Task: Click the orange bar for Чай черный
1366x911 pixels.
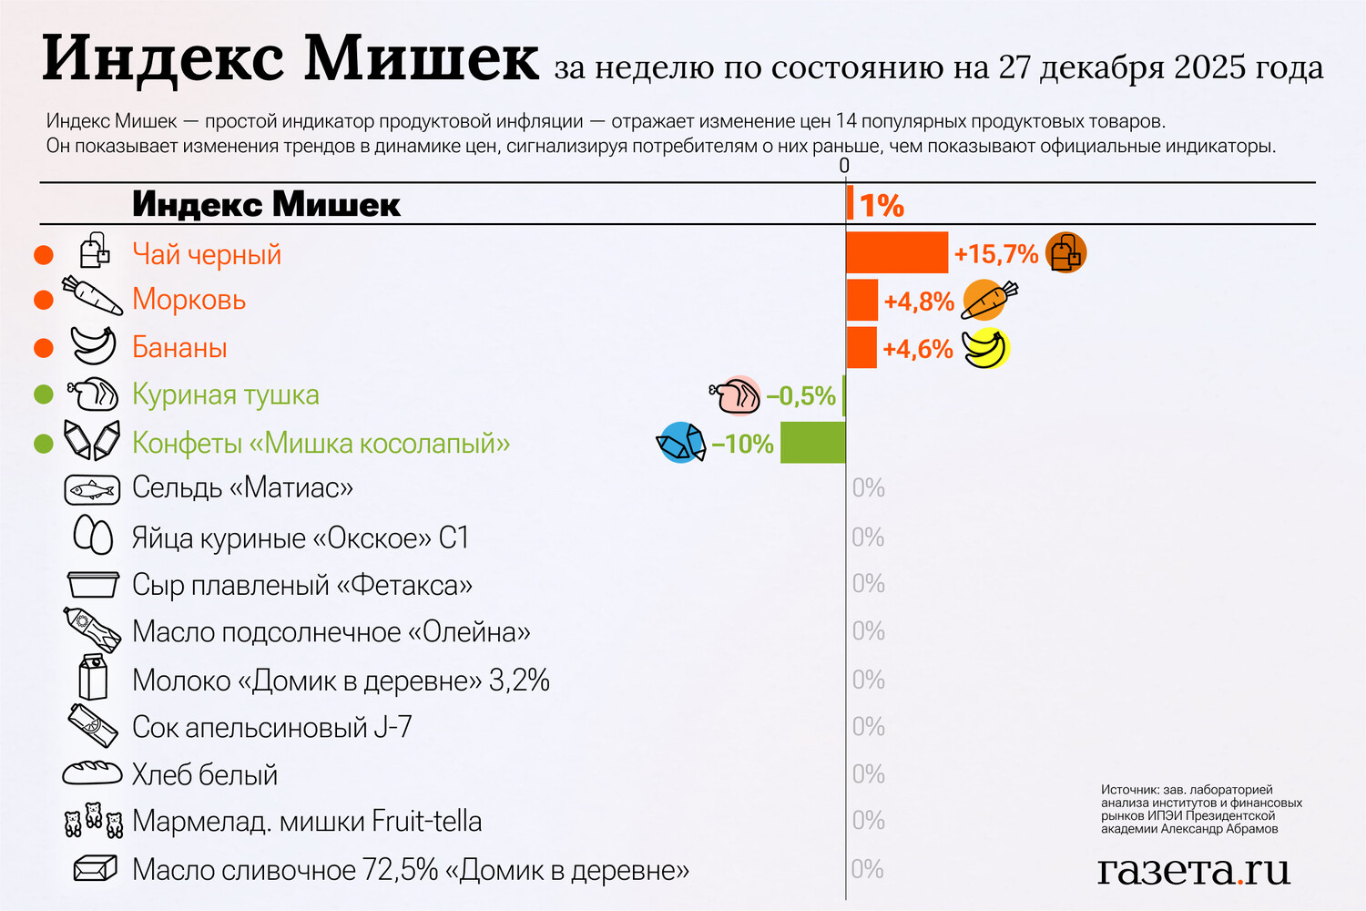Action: click(x=897, y=252)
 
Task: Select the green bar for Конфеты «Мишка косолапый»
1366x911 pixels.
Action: click(x=813, y=443)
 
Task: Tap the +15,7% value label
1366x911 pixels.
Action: click(x=995, y=254)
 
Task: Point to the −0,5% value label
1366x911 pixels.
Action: click(x=800, y=396)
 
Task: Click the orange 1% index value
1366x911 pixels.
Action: click(x=881, y=206)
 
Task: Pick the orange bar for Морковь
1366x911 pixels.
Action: click(x=861, y=300)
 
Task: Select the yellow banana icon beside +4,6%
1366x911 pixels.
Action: click(x=986, y=349)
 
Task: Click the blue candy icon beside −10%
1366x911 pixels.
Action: click(x=680, y=443)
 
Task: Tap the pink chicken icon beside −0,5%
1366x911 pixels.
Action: click(x=735, y=396)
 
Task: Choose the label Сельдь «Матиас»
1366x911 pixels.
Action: click(x=242, y=488)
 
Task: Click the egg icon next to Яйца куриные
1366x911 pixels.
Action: click(x=93, y=536)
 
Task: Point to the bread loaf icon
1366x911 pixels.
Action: click(x=92, y=773)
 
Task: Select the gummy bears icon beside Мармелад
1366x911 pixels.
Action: click(x=93, y=820)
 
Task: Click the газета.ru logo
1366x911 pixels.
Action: click(x=1193, y=870)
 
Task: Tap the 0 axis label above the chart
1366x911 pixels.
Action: click(x=844, y=166)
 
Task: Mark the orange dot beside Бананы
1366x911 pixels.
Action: click(x=44, y=348)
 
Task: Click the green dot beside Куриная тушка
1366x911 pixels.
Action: click(x=44, y=395)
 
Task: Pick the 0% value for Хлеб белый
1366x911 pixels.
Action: click(x=868, y=774)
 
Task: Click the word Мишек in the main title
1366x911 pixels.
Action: click(x=422, y=59)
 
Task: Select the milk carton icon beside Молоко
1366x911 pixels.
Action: click(x=93, y=678)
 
